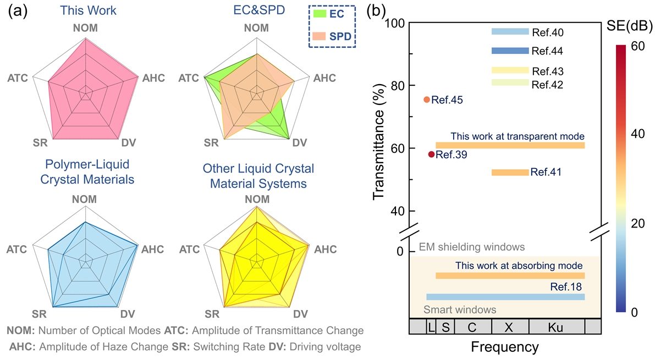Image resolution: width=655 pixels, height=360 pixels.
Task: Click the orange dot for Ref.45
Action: pos(427,99)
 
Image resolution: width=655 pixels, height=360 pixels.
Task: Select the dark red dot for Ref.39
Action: pos(431,154)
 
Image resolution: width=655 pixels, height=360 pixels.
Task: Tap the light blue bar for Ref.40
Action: pos(510,32)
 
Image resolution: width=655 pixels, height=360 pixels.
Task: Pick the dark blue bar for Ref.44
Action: pos(510,51)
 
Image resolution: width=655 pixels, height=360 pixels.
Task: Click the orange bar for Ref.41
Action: pos(510,173)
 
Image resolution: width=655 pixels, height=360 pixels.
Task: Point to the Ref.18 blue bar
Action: pos(505,297)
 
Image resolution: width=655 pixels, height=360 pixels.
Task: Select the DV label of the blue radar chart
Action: pos(128,314)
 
